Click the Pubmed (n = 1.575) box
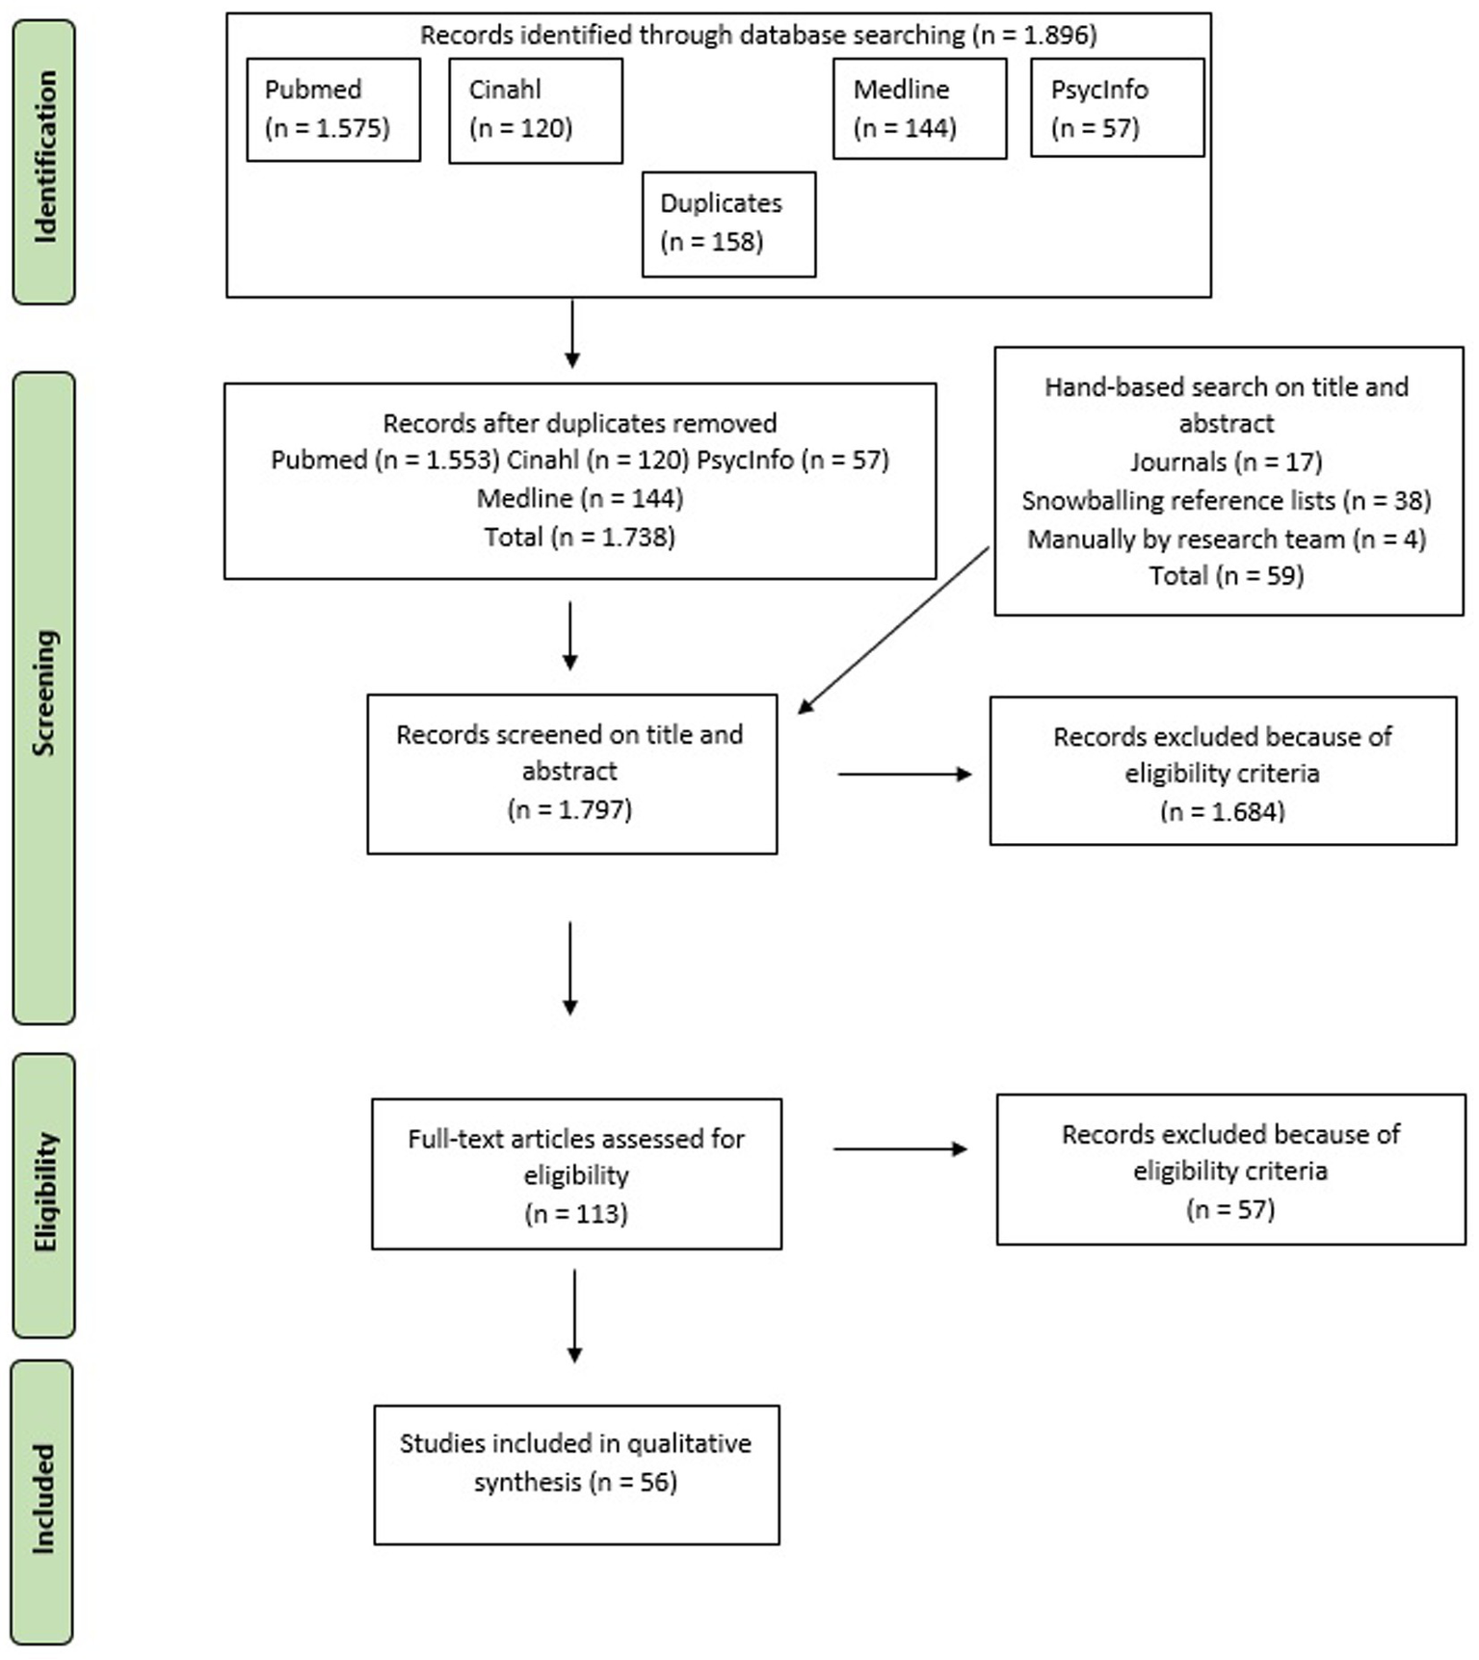click(x=333, y=109)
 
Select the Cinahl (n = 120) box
click(x=536, y=110)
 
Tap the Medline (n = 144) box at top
click(x=919, y=109)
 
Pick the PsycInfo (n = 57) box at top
click(x=1117, y=108)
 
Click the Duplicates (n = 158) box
click(x=728, y=224)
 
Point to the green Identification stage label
click(x=44, y=162)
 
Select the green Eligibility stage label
click(x=44, y=1195)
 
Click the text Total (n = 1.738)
click(x=579, y=537)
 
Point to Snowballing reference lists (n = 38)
click(x=1226, y=500)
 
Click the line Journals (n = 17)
click(x=1226, y=461)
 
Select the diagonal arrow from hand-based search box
click(x=893, y=631)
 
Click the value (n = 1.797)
click(x=569, y=809)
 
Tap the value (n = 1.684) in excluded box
click(x=1222, y=811)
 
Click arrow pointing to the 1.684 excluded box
click(x=904, y=774)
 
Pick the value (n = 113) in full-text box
click(x=576, y=1213)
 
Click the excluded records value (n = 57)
click(x=1229, y=1209)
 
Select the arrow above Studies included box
click(x=574, y=1315)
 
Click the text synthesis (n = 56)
click(x=575, y=1482)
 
